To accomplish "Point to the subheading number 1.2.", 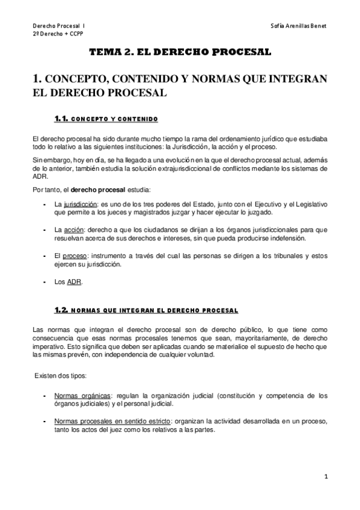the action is (x=63, y=310).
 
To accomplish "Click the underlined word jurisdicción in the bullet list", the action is (x=81, y=204).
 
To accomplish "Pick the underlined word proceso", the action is (x=76, y=256).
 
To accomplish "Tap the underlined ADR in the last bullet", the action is (x=74, y=282).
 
